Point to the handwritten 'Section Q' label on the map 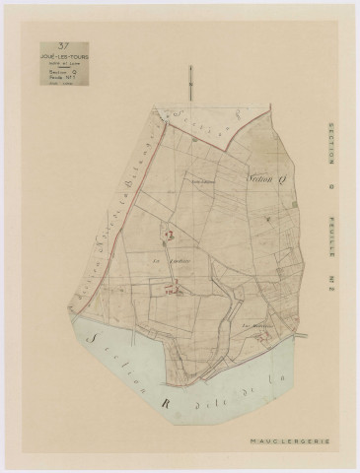261,180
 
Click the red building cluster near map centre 169,235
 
